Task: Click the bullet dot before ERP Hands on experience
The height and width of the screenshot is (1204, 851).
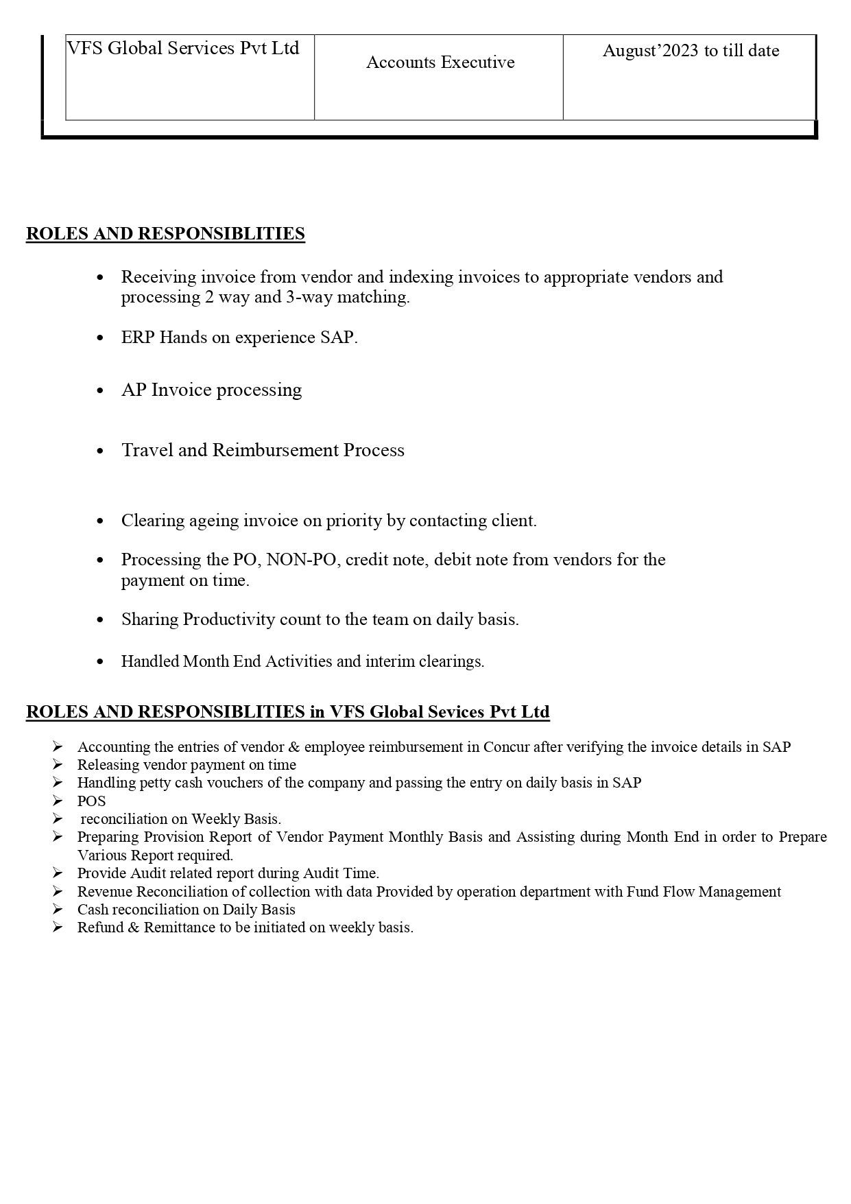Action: pos(101,338)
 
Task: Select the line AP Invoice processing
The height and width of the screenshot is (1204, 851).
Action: pos(211,390)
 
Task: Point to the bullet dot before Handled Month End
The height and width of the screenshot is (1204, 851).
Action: pos(101,662)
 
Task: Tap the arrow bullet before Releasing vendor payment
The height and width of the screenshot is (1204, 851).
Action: pos(58,765)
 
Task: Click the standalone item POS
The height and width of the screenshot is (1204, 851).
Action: pos(91,801)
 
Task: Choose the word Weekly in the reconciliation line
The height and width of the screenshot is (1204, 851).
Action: pos(213,819)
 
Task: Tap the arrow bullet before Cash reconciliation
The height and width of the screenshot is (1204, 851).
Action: pos(58,910)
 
